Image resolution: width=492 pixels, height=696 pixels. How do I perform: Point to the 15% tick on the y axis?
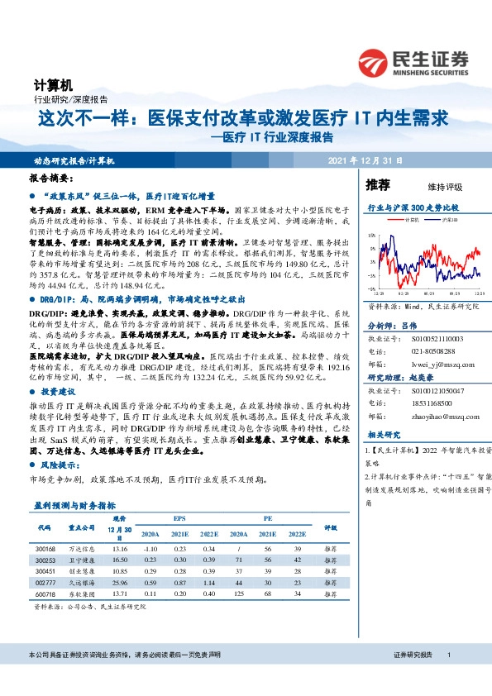(x=371, y=236)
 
